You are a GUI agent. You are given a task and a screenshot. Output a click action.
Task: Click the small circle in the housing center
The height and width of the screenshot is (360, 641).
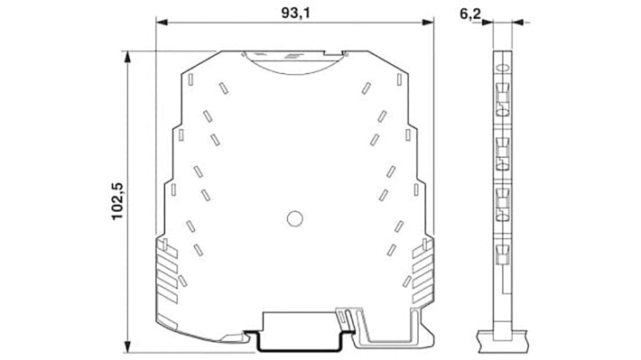click(293, 217)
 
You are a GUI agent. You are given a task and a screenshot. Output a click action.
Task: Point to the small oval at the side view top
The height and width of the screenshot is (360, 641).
click(503, 65)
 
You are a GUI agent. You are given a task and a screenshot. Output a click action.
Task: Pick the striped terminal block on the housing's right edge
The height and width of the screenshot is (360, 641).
click(422, 271)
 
